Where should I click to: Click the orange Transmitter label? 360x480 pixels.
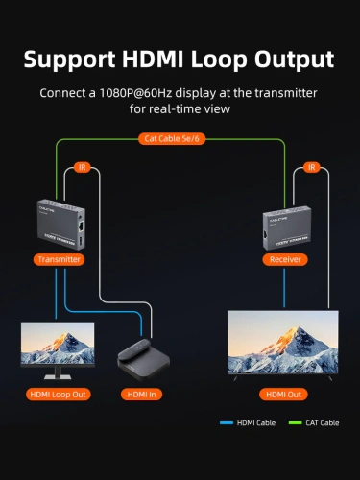point(60,259)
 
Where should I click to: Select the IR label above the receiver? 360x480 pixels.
point(311,167)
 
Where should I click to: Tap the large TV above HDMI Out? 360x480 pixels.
point(282,343)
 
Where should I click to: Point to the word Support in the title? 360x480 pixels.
point(66,60)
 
